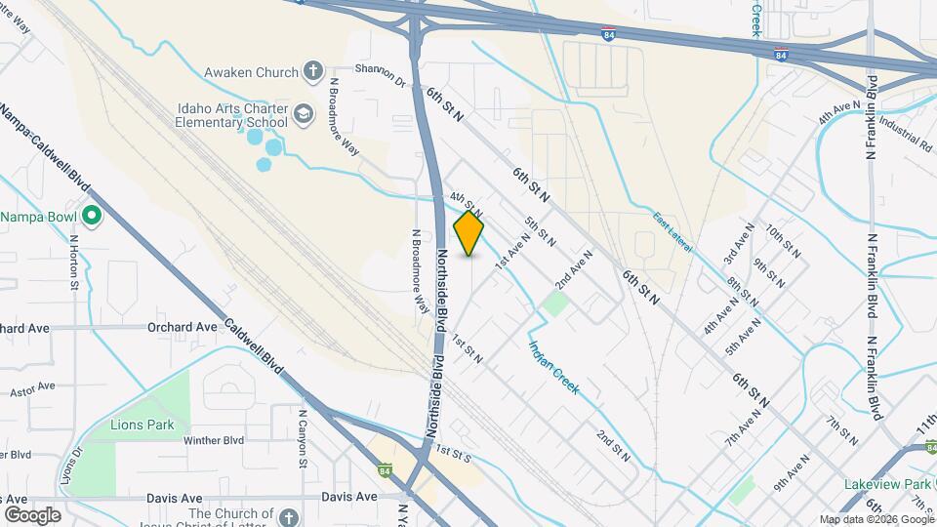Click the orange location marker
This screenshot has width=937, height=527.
tap(468, 233)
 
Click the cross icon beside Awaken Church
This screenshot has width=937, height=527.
tap(312, 70)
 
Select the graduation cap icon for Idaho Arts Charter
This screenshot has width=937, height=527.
tap(304, 115)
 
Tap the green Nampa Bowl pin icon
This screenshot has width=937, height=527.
tap(92, 216)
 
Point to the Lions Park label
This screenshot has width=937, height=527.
tap(143, 425)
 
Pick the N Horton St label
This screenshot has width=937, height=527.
tap(73, 264)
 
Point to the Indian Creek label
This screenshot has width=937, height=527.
tap(553, 366)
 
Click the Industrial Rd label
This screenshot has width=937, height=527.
tap(905, 134)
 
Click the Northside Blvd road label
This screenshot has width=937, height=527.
tap(440, 293)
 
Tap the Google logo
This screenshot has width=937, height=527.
tap(32, 514)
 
